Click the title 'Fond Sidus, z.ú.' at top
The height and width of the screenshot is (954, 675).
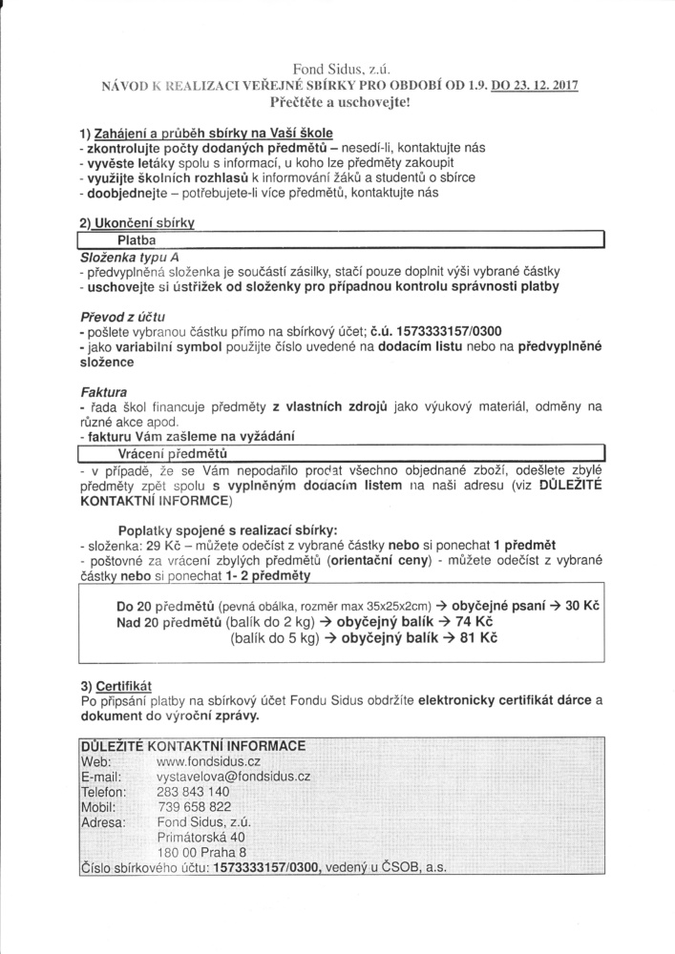(x=338, y=68)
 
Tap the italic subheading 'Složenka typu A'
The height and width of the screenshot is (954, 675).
(x=130, y=258)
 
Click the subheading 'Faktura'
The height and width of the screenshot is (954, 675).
(x=102, y=390)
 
